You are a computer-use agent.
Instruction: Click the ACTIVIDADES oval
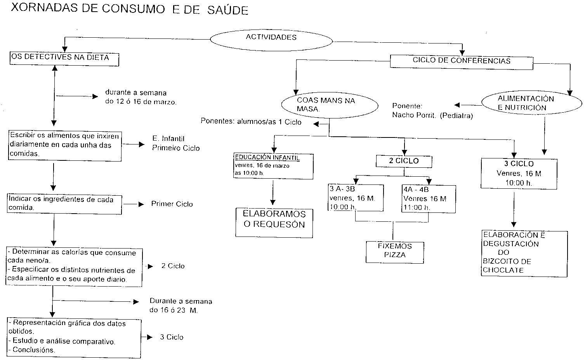(271, 38)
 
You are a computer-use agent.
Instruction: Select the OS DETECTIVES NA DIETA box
(64, 58)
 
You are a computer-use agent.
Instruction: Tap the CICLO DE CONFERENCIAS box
(461, 62)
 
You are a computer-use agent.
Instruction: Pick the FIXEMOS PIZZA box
(395, 252)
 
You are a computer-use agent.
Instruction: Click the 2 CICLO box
(404, 161)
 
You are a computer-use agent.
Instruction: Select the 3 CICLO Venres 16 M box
(519, 173)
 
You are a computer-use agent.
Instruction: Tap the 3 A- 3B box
(356, 198)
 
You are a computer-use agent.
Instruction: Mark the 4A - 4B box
(429, 199)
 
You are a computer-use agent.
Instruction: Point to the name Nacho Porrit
(414, 115)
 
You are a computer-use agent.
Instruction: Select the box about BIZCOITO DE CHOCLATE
(524, 253)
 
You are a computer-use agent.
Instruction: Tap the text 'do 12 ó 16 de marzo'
(141, 102)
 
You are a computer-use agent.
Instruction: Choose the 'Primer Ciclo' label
(172, 204)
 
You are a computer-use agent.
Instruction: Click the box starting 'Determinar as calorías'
(74, 267)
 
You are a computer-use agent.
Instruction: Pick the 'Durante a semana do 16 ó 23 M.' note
(181, 306)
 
